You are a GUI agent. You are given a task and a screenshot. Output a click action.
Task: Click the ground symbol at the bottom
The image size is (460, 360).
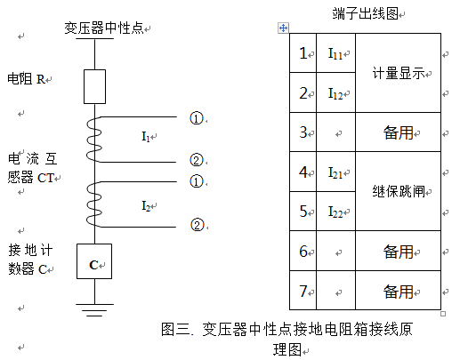coord(94,310)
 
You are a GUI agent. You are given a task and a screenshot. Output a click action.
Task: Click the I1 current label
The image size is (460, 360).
coord(146,137)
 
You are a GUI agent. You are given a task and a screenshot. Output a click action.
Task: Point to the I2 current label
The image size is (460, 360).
coord(146,205)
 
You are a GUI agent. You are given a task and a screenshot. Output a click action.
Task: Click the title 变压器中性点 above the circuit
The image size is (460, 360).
coord(104,28)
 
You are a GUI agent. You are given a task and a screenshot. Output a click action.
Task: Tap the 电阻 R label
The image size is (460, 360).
coord(26,79)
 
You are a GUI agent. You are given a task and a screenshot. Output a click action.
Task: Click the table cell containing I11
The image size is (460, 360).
coord(335,53)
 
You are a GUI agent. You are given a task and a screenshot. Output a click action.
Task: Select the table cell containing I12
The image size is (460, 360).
coord(335,92)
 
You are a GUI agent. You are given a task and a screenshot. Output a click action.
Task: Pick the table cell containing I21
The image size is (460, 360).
coord(335,172)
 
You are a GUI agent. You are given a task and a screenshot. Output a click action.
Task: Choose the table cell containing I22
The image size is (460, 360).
coord(335,211)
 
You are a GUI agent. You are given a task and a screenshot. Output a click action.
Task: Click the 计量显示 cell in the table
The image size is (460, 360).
coord(398,73)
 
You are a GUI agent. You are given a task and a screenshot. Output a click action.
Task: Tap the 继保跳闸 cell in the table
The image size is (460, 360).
coord(398,191)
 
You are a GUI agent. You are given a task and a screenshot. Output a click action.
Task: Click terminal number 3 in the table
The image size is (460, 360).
coord(303,132)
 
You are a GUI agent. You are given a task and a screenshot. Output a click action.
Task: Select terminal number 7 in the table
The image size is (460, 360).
coord(303,291)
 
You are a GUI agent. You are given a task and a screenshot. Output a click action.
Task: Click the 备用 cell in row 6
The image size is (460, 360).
coord(398,251)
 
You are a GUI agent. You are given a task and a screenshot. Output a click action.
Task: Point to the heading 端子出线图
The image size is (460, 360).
coord(365,13)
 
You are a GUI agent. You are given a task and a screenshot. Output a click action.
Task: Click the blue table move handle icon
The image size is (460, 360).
coord(283,28)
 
